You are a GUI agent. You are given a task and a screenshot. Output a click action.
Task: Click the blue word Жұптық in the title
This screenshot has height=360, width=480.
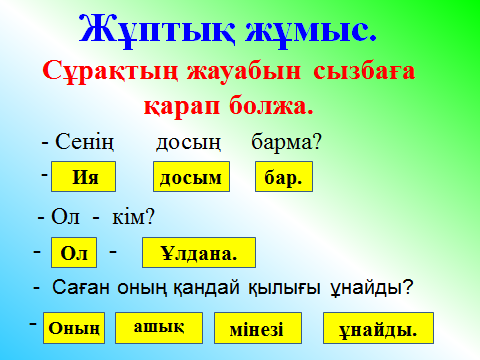pyautogui.click(x=157, y=31)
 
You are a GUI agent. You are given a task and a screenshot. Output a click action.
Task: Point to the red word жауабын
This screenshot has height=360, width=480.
pyautogui.click(x=244, y=71)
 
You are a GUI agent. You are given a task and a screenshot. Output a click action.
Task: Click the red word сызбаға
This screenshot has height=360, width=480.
pyautogui.click(x=364, y=71)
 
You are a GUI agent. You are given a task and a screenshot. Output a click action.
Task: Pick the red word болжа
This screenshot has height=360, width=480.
pyautogui.click(x=271, y=106)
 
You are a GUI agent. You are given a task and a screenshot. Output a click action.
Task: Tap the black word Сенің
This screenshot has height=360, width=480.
pyautogui.click(x=84, y=142)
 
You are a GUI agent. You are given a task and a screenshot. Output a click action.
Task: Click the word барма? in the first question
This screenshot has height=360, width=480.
pyautogui.click(x=287, y=142)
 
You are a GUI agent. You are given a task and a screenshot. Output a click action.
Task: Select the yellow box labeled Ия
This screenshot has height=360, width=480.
pyautogui.click(x=83, y=177)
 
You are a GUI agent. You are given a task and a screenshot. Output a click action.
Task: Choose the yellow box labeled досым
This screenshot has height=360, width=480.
pyautogui.click(x=191, y=177)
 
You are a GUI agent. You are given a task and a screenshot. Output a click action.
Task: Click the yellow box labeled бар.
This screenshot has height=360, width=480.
pyautogui.click(x=284, y=177)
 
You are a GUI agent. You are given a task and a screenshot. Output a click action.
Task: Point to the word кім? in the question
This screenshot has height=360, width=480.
pyautogui.click(x=133, y=217)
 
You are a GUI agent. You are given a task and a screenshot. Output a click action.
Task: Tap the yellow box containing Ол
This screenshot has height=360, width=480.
pyautogui.click(x=74, y=252)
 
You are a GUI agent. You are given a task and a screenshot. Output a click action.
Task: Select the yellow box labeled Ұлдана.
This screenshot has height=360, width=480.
pyautogui.click(x=199, y=252)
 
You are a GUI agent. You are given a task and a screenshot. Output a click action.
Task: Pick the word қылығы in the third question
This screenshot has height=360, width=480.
pyautogui.click(x=284, y=288)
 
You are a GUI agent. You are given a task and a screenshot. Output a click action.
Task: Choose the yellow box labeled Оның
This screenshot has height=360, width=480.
pyautogui.click(x=74, y=328)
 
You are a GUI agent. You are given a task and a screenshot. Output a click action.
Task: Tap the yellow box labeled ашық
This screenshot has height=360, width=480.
pyautogui.click(x=159, y=328)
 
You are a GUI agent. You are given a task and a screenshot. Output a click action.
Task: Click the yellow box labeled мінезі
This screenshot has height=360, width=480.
pyautogui.click(x=258, y=328)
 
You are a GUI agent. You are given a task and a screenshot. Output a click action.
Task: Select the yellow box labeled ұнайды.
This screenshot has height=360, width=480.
pyautogui.click(x=378, y=328)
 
